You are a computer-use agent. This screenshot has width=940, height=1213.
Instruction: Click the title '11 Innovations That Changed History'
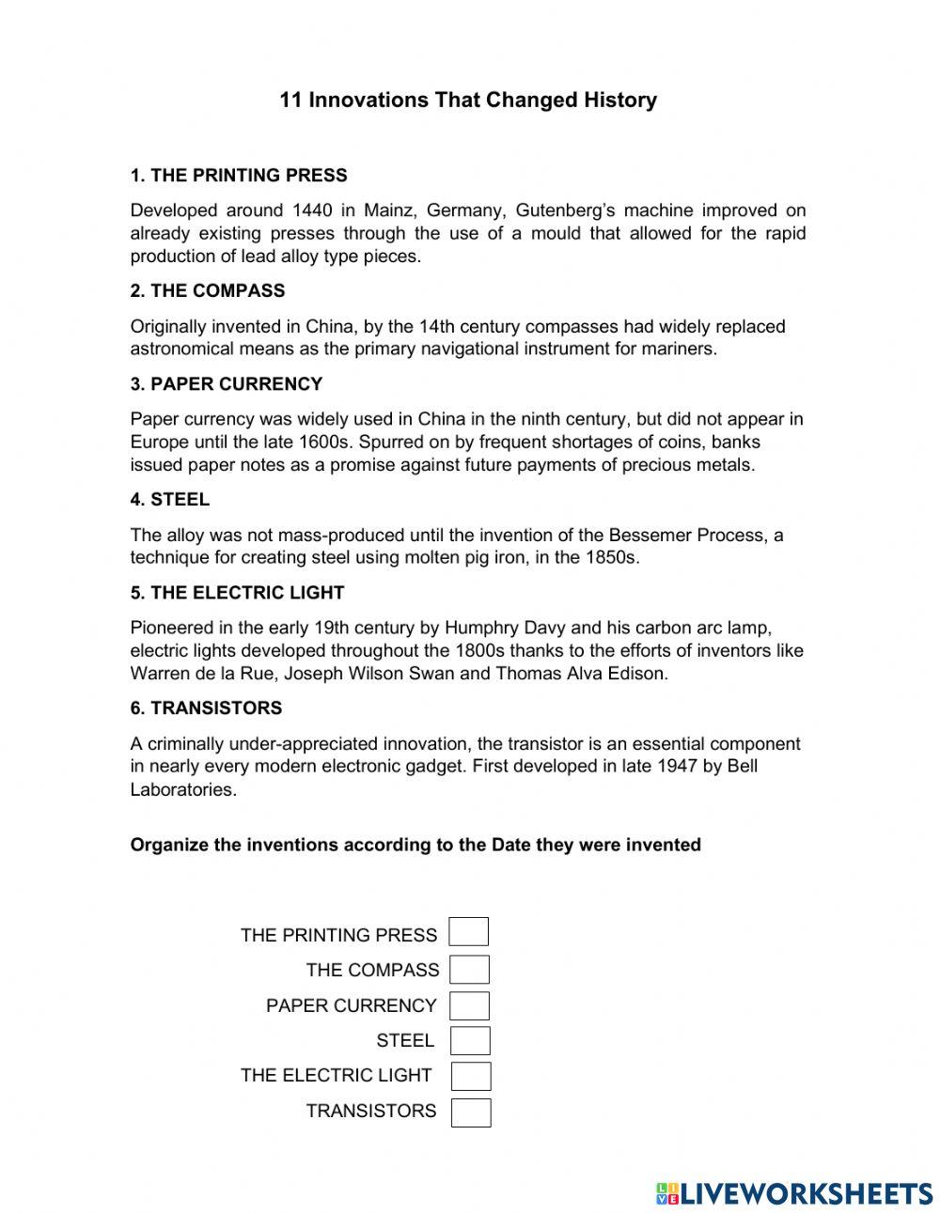468,101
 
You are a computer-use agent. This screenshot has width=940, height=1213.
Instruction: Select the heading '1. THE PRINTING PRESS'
239,176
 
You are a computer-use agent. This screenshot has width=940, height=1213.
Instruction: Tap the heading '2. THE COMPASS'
208,291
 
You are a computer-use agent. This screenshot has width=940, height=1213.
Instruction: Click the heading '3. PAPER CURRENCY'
227,384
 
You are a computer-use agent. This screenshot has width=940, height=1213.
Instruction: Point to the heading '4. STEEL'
170,500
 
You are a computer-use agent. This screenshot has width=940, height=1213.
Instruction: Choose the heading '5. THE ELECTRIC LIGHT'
238,593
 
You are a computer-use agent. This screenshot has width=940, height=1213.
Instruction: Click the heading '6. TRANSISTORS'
206,708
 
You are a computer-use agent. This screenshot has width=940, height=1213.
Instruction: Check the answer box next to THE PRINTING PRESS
468,932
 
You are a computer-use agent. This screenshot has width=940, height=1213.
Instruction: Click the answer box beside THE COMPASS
469,970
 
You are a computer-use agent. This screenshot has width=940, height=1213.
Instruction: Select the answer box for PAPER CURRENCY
469,1005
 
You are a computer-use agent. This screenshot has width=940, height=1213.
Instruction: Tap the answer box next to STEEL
470,1041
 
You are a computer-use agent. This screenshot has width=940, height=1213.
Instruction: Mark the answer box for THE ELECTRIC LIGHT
471,1076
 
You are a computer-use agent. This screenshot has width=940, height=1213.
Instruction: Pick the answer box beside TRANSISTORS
471,1112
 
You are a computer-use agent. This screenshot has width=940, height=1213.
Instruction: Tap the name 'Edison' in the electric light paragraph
637,674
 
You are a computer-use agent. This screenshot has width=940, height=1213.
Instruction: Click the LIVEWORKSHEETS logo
794,1193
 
